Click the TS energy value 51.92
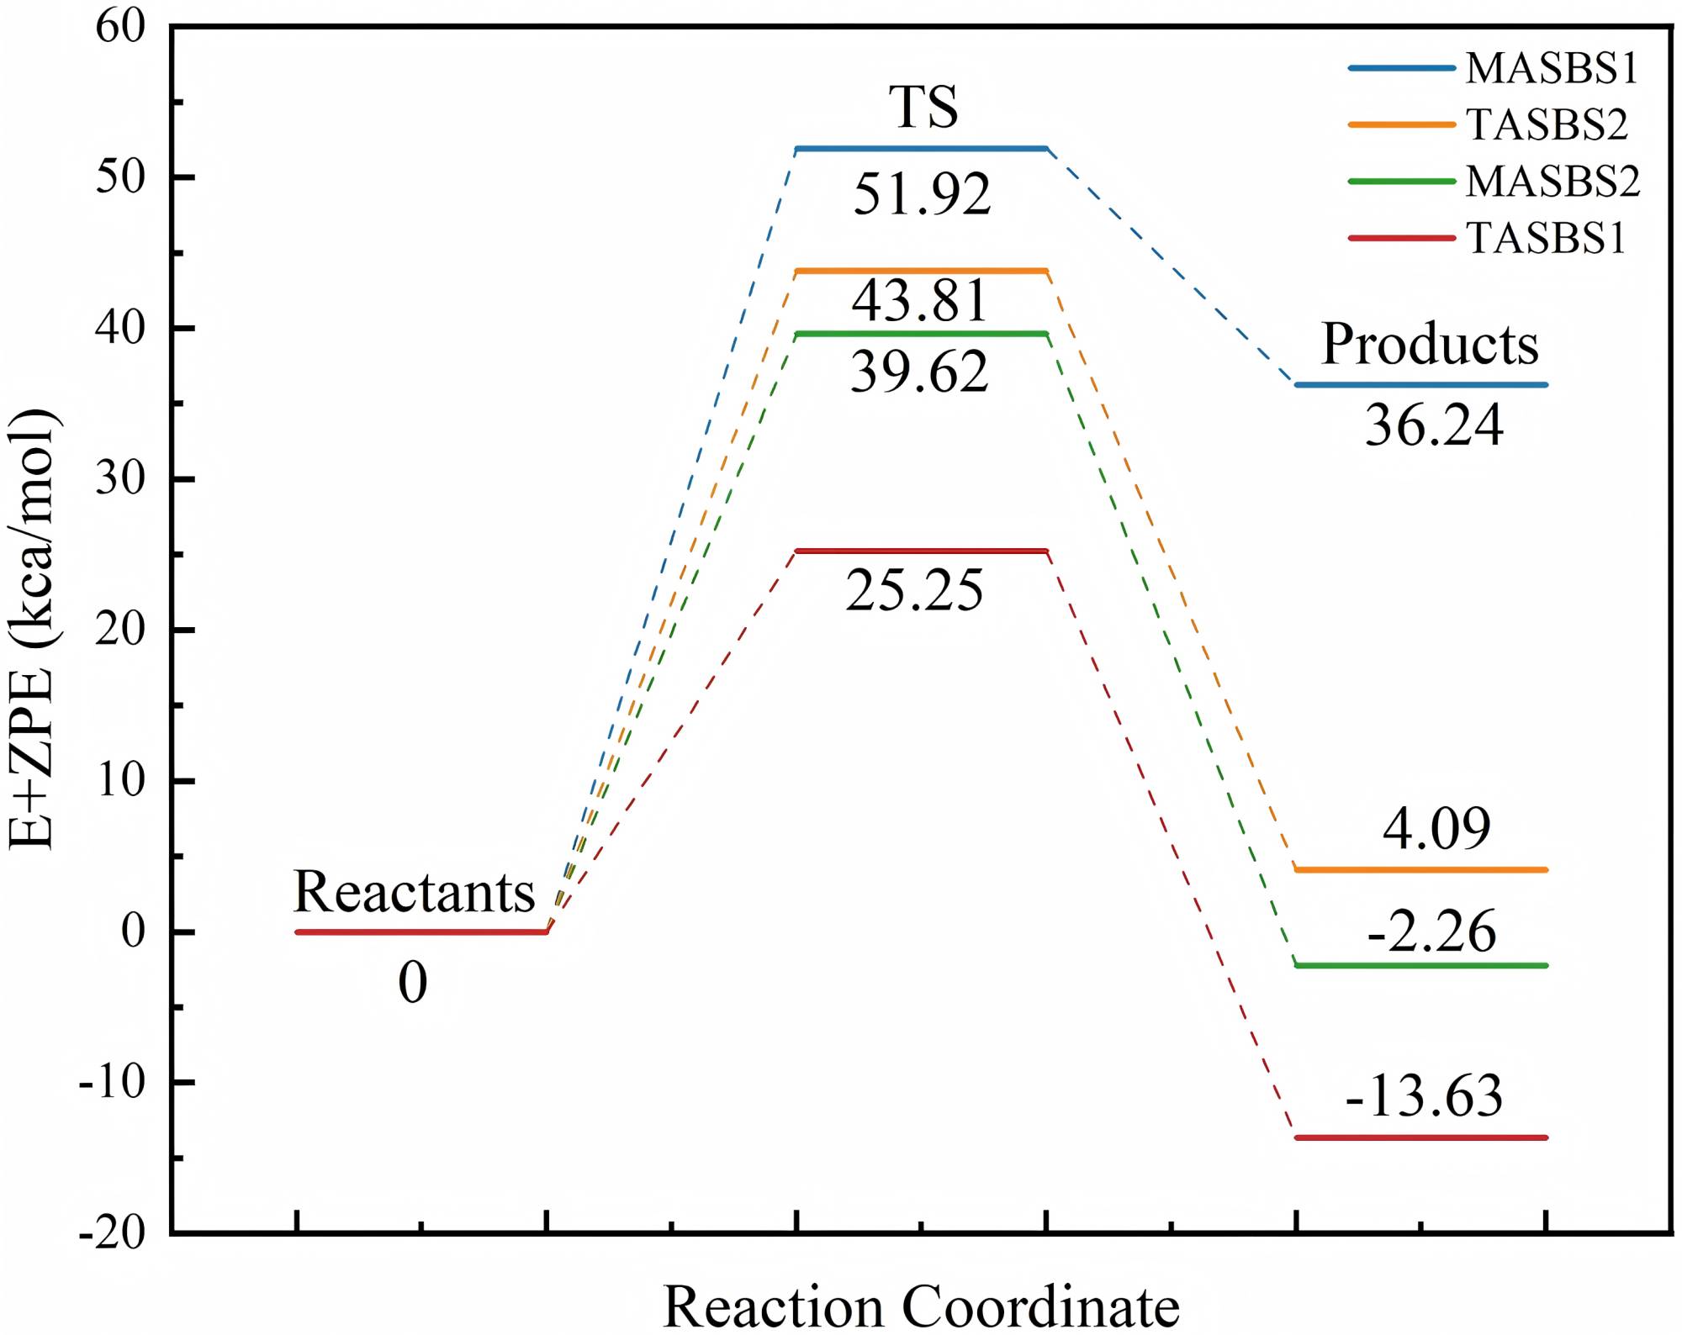tap(922, 194)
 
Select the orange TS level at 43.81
tap(921, 271)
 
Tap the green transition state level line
tap(921, 334)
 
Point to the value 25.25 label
tap(914, 590)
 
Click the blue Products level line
tap(1420, 385)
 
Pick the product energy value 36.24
tap(1433, 425)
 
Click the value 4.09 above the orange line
tap(1436, 828)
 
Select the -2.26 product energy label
tap(1431, 931)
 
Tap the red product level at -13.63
tap(1420, 1137)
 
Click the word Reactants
tap(414, 892)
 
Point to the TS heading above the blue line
tap(923, 107)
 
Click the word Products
tap(1430, 344)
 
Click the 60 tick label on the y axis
tap(120, 27)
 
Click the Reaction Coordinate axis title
tap(921, 1306)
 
